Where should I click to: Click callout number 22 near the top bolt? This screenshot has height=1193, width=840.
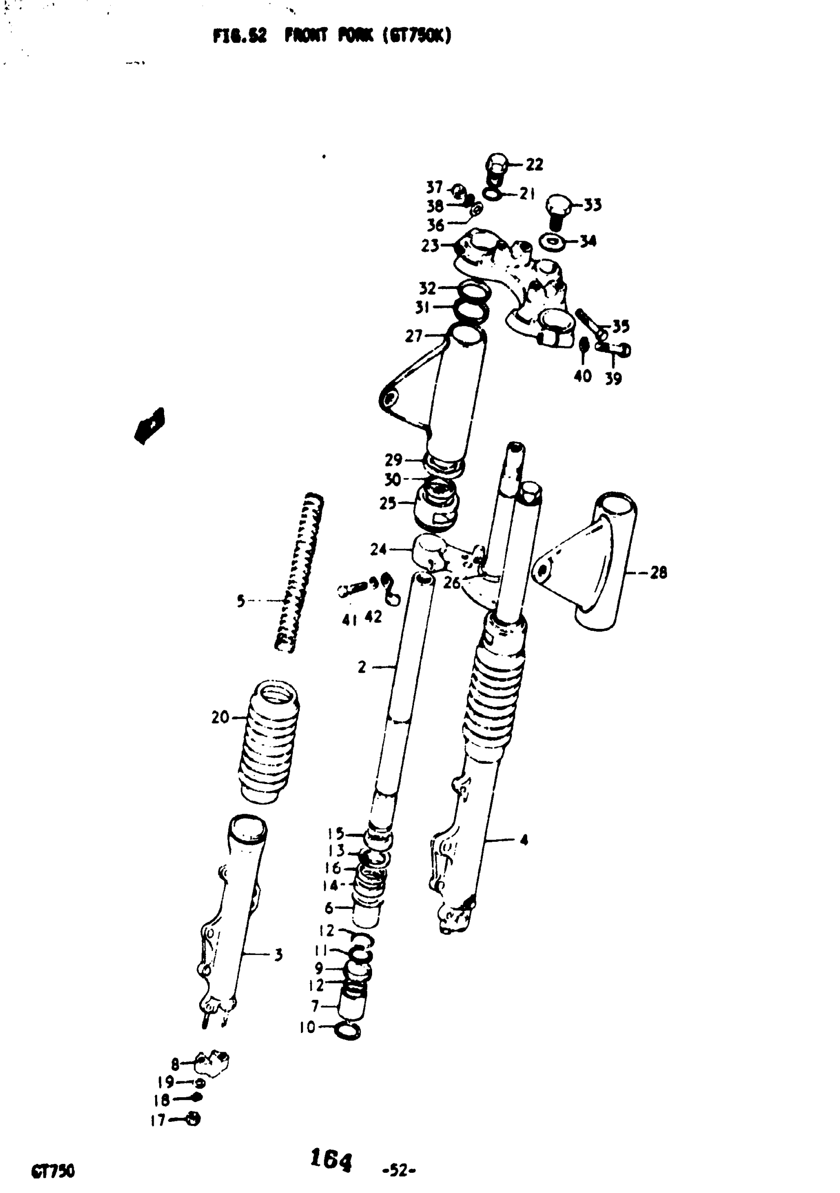535,165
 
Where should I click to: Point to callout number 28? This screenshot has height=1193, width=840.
658,573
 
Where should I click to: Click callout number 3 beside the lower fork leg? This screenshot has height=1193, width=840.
279,954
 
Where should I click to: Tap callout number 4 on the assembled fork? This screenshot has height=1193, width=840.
524,840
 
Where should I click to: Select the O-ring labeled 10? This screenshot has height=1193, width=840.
348,1030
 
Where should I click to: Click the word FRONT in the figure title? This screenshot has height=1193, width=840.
306,36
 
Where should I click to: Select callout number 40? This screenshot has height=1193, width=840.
583,375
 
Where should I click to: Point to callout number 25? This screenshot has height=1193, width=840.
388,503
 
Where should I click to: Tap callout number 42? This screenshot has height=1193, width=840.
373,617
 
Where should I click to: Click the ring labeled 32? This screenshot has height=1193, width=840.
473,291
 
